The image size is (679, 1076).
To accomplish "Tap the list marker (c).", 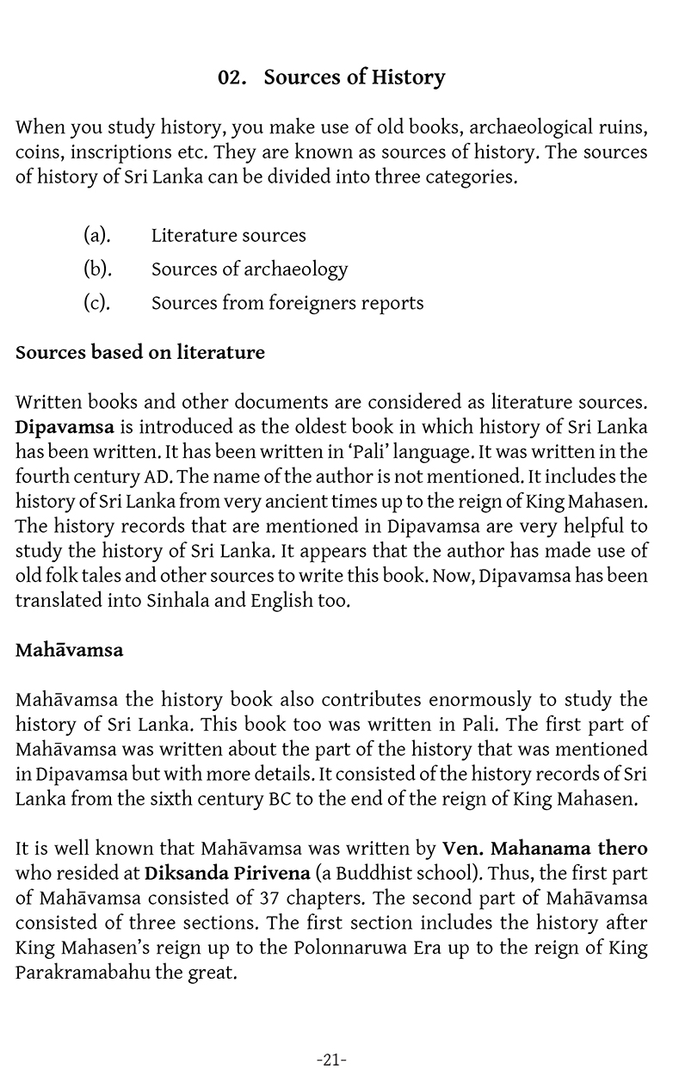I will point(96,303).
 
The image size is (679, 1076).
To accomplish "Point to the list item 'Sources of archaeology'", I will point(250,269).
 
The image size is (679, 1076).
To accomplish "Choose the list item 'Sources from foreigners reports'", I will point(287,303).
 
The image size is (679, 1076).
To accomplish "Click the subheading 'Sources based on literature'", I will point(140,352).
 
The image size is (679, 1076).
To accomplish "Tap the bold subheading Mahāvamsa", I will point(70,649).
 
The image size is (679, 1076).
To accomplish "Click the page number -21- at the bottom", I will point(332,1060).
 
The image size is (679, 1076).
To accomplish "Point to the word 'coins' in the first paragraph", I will point(38,152).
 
